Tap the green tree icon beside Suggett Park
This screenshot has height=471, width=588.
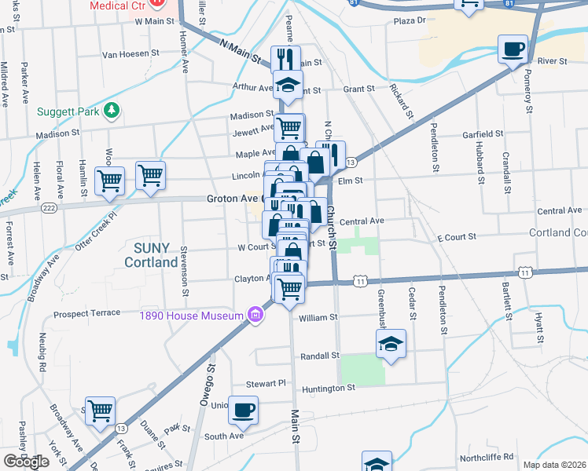[112, 110]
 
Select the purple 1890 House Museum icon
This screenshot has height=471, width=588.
[255, 316]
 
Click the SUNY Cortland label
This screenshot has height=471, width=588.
[151, 255]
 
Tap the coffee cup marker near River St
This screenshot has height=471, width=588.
[513, 49]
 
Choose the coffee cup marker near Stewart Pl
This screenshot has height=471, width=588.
[244, 408]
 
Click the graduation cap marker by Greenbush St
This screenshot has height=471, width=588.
[391, 344]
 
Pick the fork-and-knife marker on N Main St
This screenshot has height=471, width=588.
[286, 60]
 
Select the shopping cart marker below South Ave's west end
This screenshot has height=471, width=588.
[101, 411]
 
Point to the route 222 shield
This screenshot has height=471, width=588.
[49, 207]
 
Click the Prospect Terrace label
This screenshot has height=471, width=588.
[86, 314]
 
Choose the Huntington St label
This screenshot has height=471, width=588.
[329, 388]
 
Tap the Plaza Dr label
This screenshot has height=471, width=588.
[409, 20]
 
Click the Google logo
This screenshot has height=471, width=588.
[27, 461]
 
